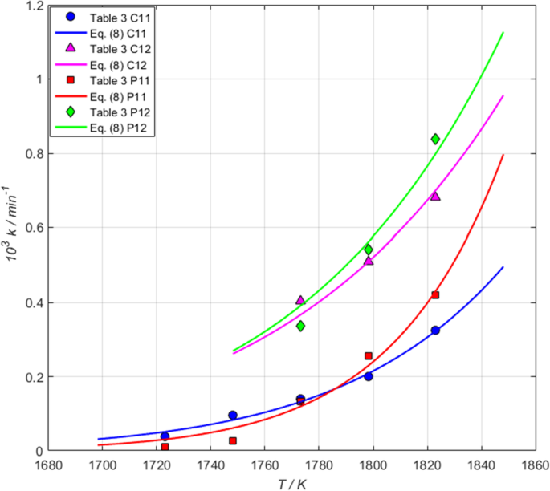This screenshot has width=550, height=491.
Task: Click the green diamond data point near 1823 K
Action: [435, 139]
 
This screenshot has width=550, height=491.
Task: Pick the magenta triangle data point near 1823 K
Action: [435, 196]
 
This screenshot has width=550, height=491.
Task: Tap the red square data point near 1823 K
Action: [435, 295]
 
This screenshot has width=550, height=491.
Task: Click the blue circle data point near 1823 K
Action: [435, 331]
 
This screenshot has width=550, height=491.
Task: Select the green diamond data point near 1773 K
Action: [300, 326]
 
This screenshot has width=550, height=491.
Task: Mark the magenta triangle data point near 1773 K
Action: [300, 300]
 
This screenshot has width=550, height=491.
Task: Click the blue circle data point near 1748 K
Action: [233, 416]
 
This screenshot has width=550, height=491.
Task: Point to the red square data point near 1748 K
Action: [233, 441]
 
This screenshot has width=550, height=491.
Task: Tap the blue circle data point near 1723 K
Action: [165, 436]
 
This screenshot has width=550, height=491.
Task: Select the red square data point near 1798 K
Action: [369, 356]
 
